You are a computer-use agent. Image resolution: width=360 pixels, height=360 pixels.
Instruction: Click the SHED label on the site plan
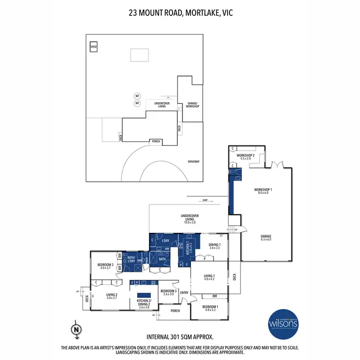pyautogui.click(x=94, y=47)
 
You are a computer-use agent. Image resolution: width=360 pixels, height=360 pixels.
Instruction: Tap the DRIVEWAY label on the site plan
pyautogui.click(x=193, y=162)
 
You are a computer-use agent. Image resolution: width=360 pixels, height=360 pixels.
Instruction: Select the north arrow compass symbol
pyautogui.click(x=75, y=329)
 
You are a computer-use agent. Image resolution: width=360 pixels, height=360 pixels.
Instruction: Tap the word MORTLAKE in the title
pyautogui.click(x=197, y=13)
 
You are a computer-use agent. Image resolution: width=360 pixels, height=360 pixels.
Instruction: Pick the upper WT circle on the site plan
pyautogui.click(x=136, y=96)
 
